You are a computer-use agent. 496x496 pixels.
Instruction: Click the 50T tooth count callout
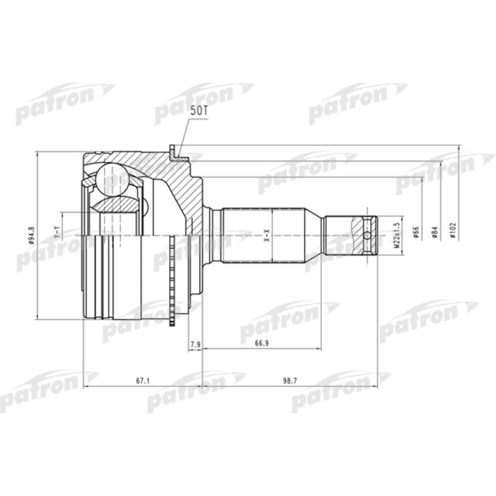198,111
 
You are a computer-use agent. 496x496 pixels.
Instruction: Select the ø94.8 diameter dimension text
31,235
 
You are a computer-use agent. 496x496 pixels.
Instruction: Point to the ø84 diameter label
435,232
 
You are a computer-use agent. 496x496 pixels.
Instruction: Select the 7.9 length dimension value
196,344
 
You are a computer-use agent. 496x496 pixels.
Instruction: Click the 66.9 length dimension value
262,343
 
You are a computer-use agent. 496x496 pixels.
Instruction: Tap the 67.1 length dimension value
142,381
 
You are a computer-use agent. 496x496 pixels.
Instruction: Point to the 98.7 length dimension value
290,381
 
